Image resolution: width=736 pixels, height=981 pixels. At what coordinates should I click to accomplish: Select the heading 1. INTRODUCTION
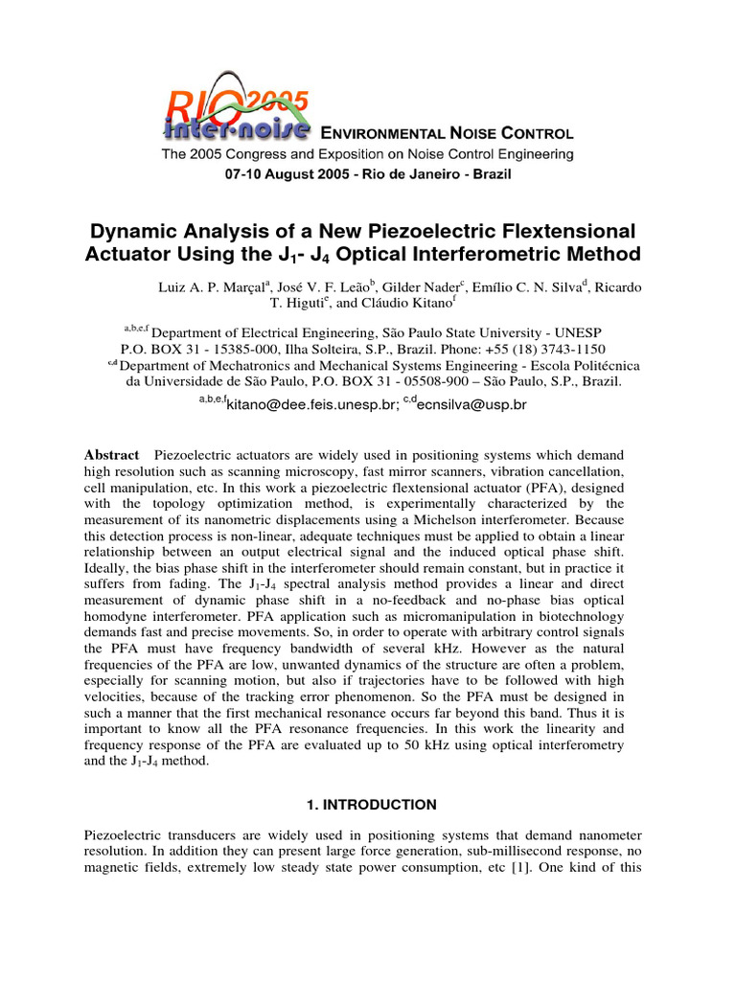pos(367,805)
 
